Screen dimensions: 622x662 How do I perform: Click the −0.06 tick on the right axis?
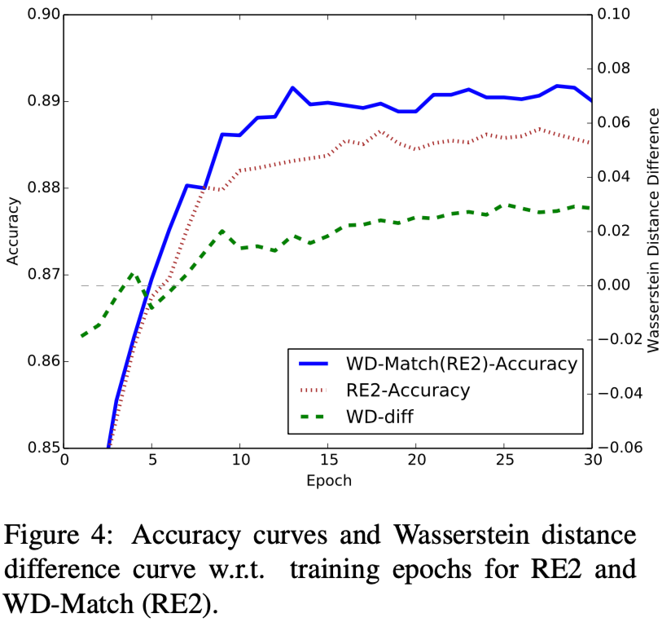coord(618,448)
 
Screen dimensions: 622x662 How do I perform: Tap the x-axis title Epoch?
coord(328,480)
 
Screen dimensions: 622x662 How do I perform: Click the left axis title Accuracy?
coord(12,231)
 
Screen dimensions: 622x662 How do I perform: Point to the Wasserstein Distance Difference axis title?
coord(651,231)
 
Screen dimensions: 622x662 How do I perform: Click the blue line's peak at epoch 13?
coord(292,87)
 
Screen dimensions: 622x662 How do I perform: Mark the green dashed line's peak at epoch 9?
coord(222,231)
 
